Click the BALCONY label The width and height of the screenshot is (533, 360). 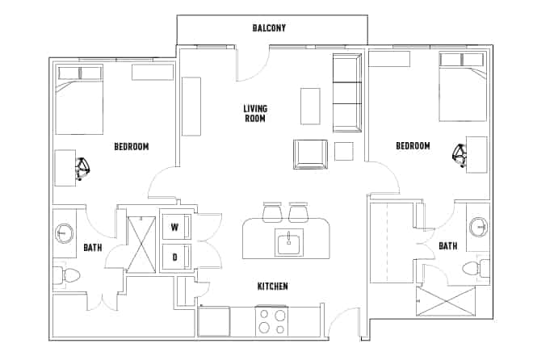point(269,28)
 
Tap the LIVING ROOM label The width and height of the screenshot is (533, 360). point(255,114)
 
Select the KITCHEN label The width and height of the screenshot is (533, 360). point(272,287)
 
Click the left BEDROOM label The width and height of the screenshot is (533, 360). point(131,147)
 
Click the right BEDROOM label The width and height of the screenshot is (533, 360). point(413,146)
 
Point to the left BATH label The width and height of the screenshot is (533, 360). point(93,248)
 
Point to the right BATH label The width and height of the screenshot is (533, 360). point(447,245)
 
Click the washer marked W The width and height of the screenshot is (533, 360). point(174,228)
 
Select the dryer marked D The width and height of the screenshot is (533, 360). point(174,257)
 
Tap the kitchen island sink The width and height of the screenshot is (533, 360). point(286,241)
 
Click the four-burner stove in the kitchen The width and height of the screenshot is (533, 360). point(271,322)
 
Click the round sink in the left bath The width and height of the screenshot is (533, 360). point(64,235)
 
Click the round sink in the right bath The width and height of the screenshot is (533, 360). point(478,226)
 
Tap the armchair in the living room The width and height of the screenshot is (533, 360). point(311,154)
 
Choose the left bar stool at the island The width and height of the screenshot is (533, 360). point(271,211)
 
